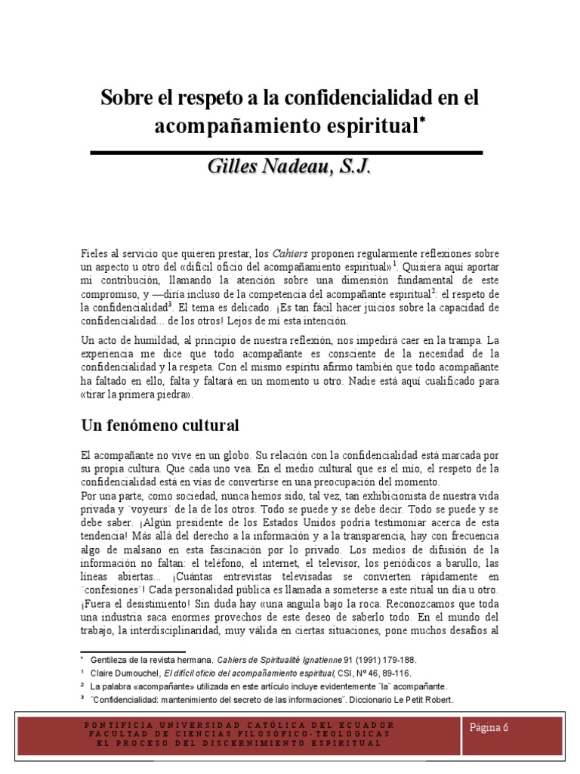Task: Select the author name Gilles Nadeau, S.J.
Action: point(289,168)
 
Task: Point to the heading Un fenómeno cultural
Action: point(160,426)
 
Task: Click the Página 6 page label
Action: point(490,727)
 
